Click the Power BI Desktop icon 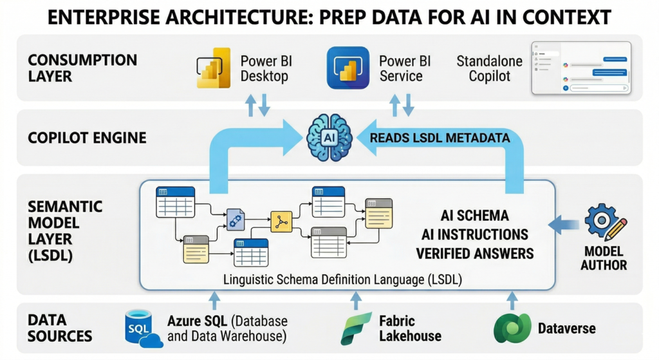pyautogui.click(x=213, y=68)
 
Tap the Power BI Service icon pyautogui.click(x=348, y=68)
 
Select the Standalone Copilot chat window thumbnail pyautogui.click(x=579, y=68)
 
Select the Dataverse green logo pyautogui.click(x=511, y=328)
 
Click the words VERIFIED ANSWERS pyautogui.click(x=475, y=253)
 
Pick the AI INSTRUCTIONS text pyautogui.click(x=475, y=234)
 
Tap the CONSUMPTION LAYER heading pyautogui.click(x=82, y=68)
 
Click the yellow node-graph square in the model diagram pyautogui.click(x=281, y=221)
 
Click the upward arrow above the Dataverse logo pyautogui.click(x=512, y=299)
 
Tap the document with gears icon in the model pyautogui.click(x=236, y=220)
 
